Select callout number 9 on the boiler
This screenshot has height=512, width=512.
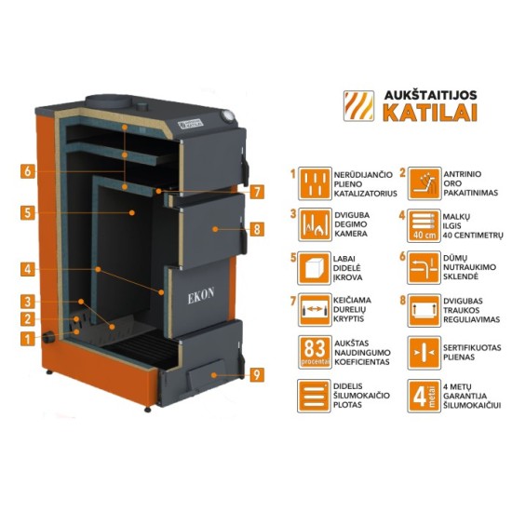click(256, 375)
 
